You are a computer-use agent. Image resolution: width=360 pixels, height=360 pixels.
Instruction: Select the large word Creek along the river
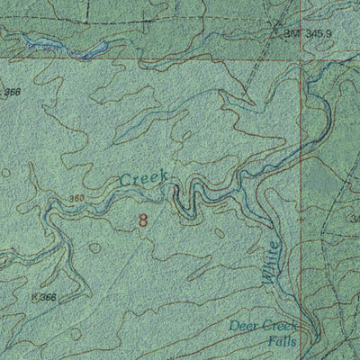[x=143, y=180]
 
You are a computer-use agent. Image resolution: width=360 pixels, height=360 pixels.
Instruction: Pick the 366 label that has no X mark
[x=13, y=92]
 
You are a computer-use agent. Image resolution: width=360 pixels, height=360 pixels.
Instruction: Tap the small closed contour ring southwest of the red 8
[x=94, y=246]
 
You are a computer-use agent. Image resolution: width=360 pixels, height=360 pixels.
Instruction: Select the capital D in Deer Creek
[x=234, y=325]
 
